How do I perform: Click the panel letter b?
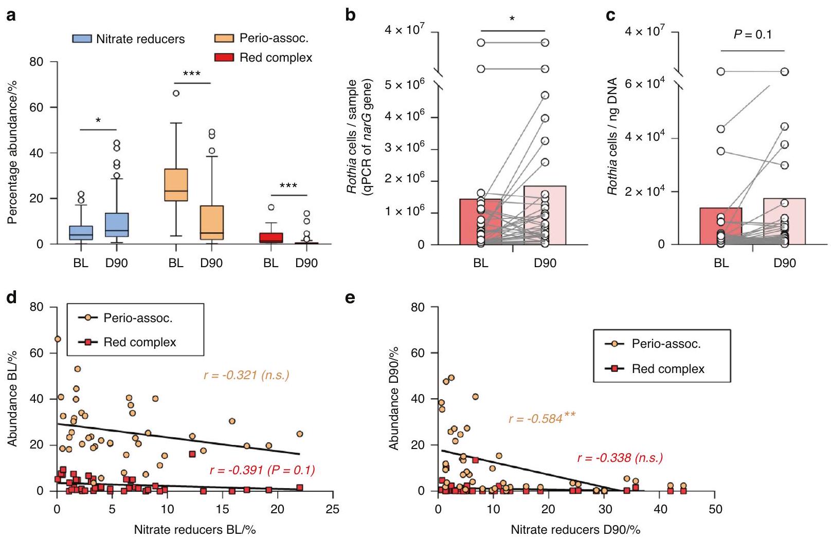pos(351,15)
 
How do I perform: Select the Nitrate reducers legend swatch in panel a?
pos(82,39)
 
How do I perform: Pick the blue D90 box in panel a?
pos(116,225)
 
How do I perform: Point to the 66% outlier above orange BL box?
pos(176,94)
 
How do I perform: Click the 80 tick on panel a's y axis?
pos(40,62)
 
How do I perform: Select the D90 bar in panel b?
pos(544,215)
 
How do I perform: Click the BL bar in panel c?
pos(721,226)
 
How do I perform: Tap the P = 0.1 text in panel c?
pos(752,35)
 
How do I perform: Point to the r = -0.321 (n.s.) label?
pos(246,375)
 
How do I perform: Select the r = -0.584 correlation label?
pos(541,418)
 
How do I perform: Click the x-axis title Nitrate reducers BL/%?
pos(195,529)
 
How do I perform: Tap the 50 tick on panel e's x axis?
pos(715,509)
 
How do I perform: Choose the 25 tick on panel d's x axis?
pos(333,509)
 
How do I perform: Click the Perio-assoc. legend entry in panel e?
pos(666,344)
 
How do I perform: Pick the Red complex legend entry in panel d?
pos(139,342)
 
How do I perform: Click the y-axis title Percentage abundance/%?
pos(12,153)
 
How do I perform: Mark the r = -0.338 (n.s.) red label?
pos(620,457)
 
